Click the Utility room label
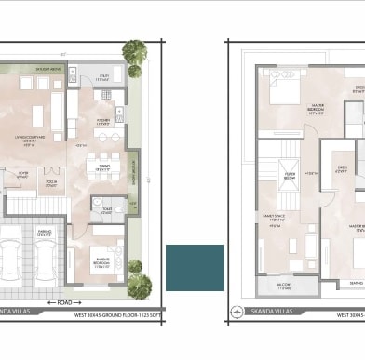(x=101, y=80)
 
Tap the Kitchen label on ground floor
(x=104, y=122)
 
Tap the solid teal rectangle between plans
(x=195, y=268)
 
